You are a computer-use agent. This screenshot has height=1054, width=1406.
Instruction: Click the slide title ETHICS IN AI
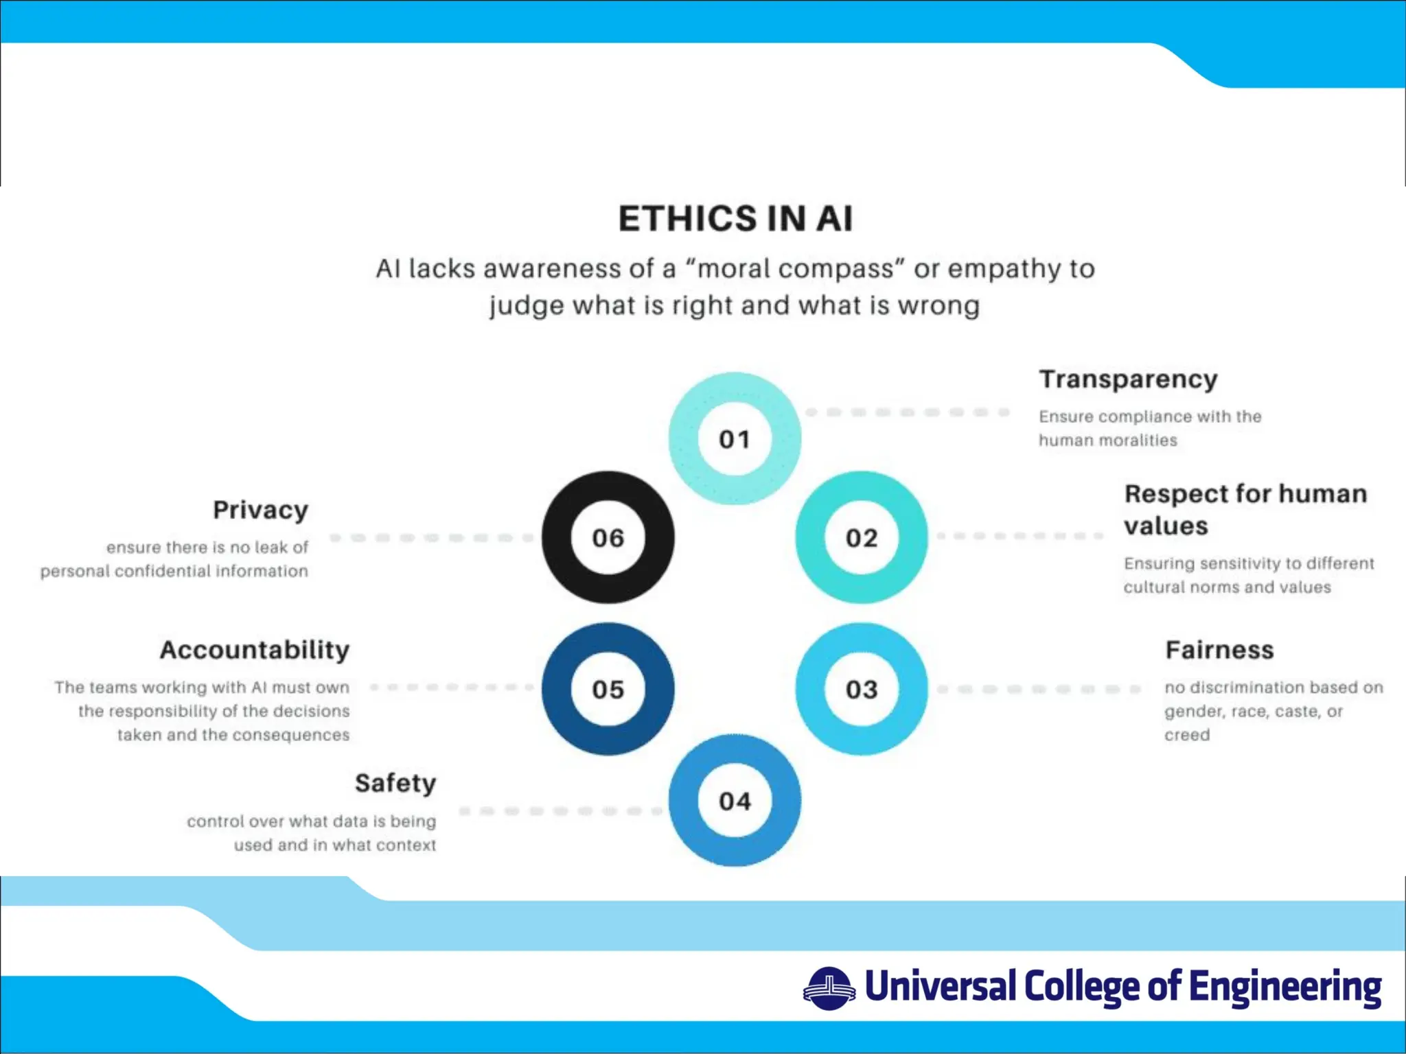pyautogui.click(x=735, y=219)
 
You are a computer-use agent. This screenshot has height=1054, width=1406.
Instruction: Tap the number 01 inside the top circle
pyautogui.click(x=735, y=439)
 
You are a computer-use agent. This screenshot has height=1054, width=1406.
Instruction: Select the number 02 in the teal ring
pyautogui.click(x=862, y=538)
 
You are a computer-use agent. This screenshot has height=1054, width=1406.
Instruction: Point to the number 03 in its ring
pyautogui.click(x=862, y=690)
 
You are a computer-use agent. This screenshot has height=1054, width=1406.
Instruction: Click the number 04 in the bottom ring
pyautogui.click(x=735, y=801)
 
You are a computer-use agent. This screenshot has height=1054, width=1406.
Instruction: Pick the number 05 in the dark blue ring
pyautogui.click(x=608, y=690)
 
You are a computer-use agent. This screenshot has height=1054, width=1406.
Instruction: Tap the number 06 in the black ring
pyautogui.click(x=608, y=538)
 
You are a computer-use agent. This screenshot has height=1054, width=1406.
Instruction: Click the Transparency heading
pyautogui.click(x=1128, y=379)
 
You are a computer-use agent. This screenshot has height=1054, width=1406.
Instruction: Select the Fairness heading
pyautogui.click(x=1219, y=650)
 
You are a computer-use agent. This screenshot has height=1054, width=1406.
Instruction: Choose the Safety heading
pyautogui.click(x=395, y=783)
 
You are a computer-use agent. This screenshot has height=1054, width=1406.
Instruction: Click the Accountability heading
pyautogui.click(x=255, y=650)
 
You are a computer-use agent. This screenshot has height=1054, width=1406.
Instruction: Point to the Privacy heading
pyautogui.click(x=261, y=510)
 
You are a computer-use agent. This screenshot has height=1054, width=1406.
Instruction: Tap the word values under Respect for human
pyautogui.click(x=1166, y=526)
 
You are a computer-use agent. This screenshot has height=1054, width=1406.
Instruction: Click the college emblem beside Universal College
pyautogui.click(x=829, y=989)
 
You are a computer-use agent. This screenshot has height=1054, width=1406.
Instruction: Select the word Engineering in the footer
pyautogui.click(x=1285, y=987)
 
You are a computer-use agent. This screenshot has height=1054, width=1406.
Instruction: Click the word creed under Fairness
pyautogui.click(x=1187, y=735)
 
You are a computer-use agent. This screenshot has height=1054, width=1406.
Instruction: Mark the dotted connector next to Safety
pyautogui.click(x=560, y=811)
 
